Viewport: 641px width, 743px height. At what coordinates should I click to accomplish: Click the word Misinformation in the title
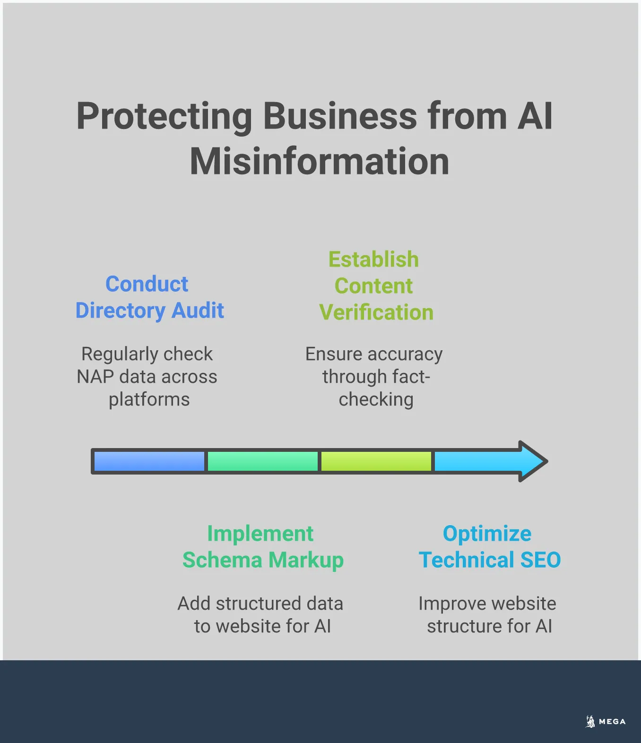pos(320,162)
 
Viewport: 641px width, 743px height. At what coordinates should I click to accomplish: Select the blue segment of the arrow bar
pos(149,461)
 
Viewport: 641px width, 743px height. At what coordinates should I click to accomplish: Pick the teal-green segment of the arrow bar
pos(263,461)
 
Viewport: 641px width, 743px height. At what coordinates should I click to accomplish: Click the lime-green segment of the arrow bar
pos(376,461)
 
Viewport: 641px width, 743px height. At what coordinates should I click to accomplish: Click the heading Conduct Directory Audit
pos(149,297)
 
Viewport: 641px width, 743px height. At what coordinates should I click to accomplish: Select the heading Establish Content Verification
pos(376,286)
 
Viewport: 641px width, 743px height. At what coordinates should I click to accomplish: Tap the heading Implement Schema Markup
pos(263,547)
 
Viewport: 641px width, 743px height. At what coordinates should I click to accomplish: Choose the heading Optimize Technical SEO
pos(489,547)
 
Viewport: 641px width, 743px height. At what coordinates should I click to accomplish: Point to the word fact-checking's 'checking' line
pos(376,400)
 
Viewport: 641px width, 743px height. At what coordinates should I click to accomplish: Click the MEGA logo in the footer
pos(606,721)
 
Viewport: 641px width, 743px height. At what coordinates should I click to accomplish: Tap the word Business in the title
pos(340,116)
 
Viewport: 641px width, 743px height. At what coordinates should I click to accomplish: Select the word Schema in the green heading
pos(222,560)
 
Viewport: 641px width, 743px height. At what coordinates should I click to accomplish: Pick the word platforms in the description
pos(149,400)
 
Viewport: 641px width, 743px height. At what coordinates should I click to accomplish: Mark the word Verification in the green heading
pos(376,312)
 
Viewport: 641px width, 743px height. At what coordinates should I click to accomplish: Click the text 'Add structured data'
pos(260,604)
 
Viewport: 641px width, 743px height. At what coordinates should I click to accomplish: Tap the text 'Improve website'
pos(487,604)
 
